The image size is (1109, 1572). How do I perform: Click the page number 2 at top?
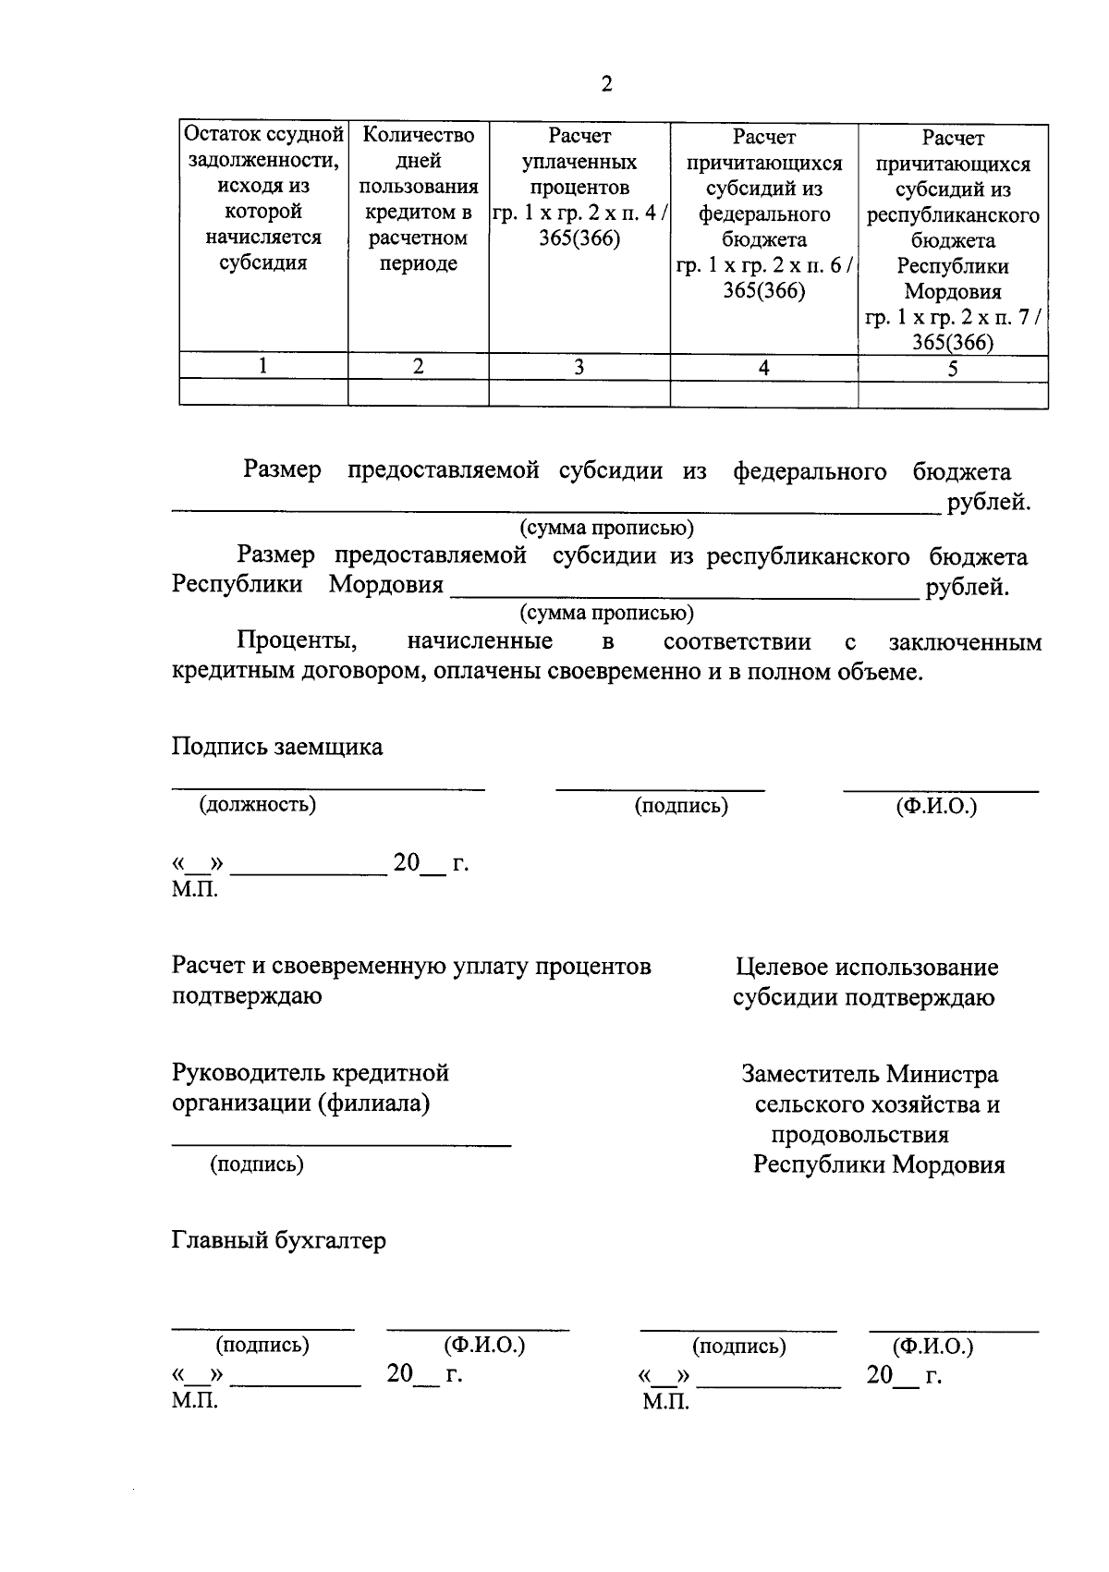606,85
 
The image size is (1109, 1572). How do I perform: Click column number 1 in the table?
263,366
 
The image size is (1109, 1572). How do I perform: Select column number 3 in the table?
579,367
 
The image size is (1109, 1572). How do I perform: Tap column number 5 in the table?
952,369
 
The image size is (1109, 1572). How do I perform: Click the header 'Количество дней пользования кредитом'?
418,199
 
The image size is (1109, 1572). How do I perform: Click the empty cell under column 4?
763,395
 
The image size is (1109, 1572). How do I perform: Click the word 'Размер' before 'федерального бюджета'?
283,470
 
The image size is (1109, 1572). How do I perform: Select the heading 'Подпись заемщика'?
277,747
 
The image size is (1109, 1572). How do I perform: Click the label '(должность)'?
258,804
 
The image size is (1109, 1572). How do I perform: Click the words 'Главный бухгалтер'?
278,1240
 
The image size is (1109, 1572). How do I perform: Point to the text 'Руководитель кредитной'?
311,1073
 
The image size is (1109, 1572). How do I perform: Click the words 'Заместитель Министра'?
870,1075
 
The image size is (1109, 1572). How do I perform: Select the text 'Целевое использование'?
867,968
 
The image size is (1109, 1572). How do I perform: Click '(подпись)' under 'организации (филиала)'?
257,1164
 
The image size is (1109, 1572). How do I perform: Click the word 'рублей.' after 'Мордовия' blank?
967,587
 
